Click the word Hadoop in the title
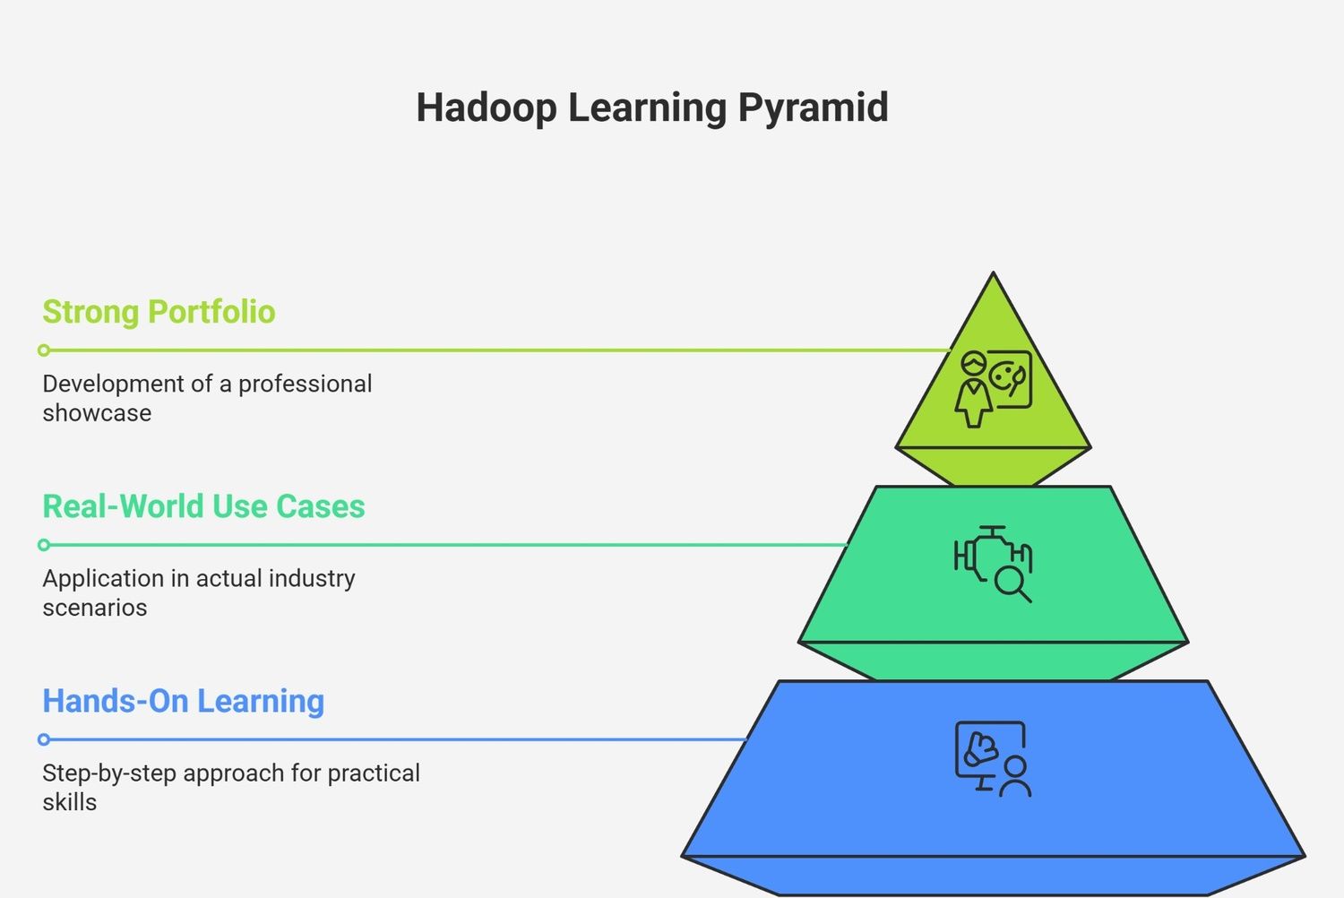(x=487, y=108)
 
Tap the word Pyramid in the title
(x=813, y=108)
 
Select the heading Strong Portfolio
(x=159, y=312)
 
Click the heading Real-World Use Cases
(x=203, y=506)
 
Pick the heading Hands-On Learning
(x=184, y=701)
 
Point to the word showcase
(x=97, y=413)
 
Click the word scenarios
(x=95, y=608)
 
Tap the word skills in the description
(x=70, y=802)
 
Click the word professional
(x=306, y=384)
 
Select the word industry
(x=312, y=579)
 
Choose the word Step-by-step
(x=109, y=774)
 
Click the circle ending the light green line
(x=44, y=350)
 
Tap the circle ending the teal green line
(x=44, y=545)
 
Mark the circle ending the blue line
(x=44, y=739)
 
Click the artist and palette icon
(x=994, y=388)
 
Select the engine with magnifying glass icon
(x=994, y=565)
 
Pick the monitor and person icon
(x=994, y=759)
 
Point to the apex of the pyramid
(x=993, y=272)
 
